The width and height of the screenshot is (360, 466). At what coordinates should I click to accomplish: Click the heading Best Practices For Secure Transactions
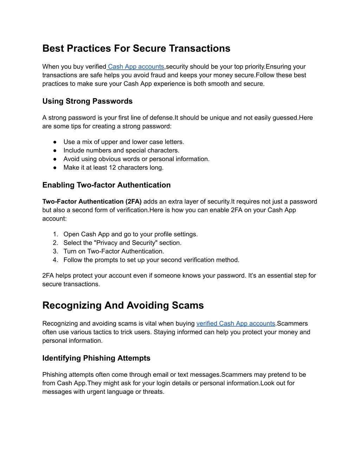[x=136, y=49]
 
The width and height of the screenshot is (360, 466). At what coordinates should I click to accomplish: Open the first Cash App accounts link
[x=136, y=67]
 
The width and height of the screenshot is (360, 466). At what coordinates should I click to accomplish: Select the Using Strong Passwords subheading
[x=87, y=101]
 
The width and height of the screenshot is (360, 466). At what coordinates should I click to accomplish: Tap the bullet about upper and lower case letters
[x=123, y=142]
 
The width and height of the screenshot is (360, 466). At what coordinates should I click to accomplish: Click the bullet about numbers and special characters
[x=121, y=151]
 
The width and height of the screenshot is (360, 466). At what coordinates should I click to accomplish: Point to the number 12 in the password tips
[x=112, y=168]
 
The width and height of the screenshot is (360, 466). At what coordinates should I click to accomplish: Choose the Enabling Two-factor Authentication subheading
[x=106, y=185]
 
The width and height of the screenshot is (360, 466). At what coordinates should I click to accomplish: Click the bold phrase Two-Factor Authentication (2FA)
[x=92, y=202]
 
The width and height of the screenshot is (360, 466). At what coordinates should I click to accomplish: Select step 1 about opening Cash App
[x=130, y=235]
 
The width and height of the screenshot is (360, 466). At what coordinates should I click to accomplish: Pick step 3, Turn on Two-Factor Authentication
[x=114, y=251]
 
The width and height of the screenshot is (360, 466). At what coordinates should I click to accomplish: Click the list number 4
[x=55, y=260]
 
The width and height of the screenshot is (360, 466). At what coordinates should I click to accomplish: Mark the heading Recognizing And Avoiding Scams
[x=123, y=305]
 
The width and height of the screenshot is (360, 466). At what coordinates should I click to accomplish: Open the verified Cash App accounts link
[x=236, y=324]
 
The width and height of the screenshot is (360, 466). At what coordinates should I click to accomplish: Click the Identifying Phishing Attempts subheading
[x=96, y=358]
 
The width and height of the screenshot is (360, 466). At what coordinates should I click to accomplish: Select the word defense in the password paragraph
[x=162, y=118]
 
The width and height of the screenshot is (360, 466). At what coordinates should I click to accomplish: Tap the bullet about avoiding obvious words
[x=136, y=159]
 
